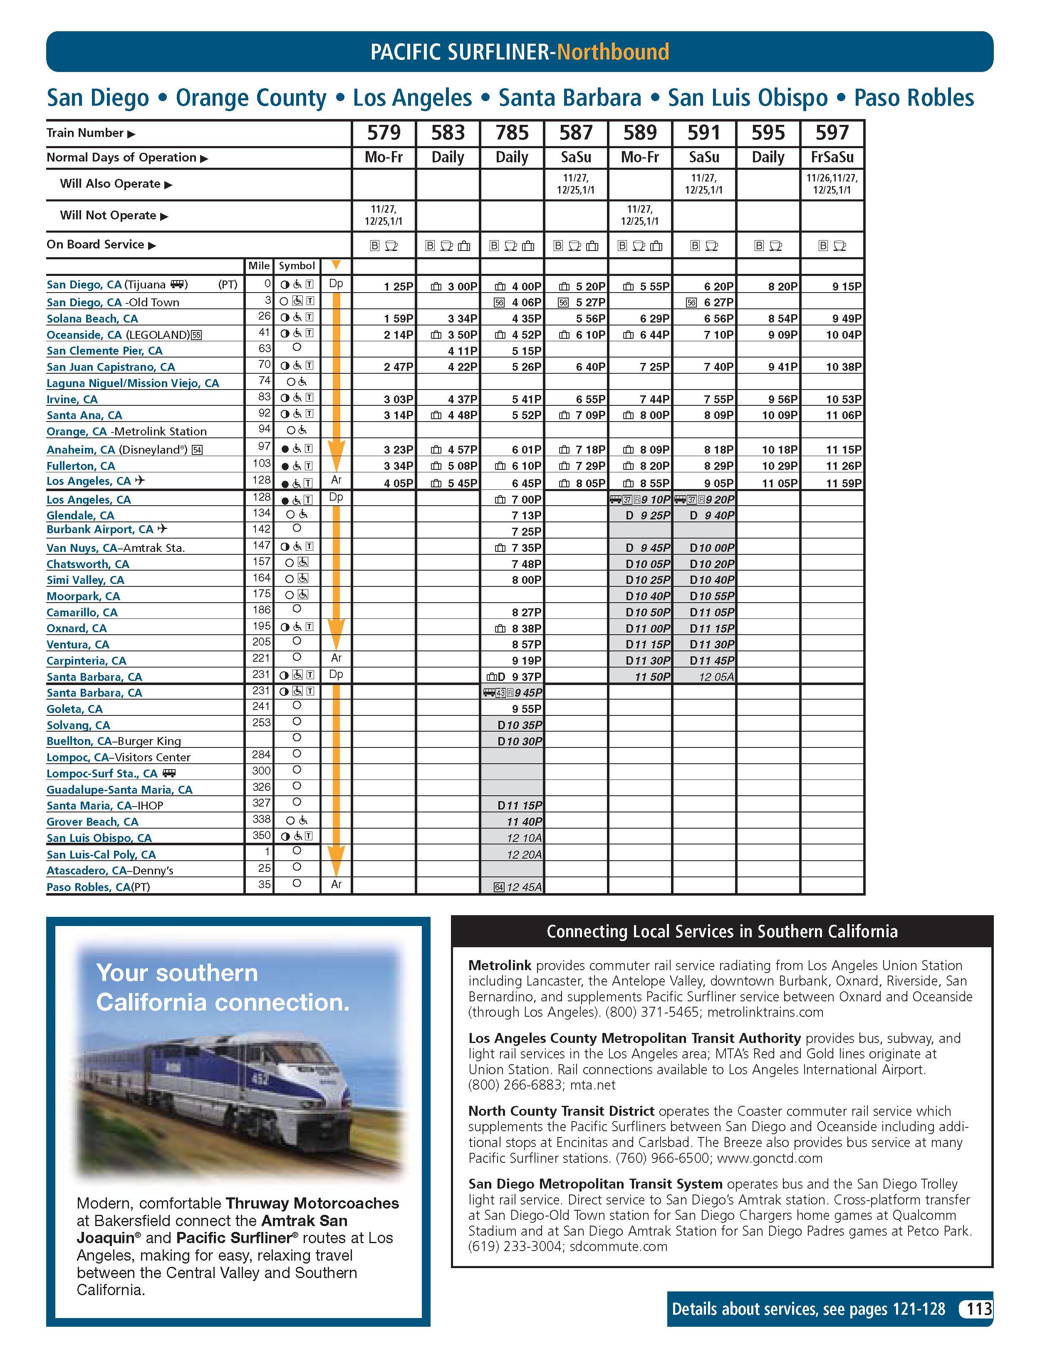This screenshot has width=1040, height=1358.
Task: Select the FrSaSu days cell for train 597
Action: tap(832, 157)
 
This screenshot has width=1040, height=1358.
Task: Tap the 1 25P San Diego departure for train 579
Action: tap(398, 287)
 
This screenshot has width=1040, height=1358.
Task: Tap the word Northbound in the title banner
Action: tap(613, 52)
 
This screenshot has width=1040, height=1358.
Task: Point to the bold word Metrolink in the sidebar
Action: tap(500, 966)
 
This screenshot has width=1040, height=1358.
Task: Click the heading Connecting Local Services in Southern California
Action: tap(722, 931)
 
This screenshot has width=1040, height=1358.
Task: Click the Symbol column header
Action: tap(297, 266)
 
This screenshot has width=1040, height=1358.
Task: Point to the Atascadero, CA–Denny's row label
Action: tap(109, 871)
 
